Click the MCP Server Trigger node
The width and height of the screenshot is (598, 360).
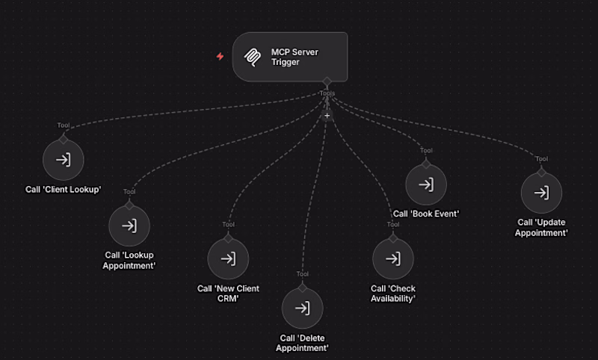(290, 57)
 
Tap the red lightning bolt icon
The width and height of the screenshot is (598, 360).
(220, 56)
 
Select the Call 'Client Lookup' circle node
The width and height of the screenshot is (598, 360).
(64, 160)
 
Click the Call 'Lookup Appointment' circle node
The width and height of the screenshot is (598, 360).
(129, 226)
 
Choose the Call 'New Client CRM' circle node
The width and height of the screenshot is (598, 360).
(228, 259)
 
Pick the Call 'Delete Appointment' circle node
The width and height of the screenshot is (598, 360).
(303, 308)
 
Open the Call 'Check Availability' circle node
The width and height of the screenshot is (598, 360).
(393, 259)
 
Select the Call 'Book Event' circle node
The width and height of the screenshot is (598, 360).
(426, 184)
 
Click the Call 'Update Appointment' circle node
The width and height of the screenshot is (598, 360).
(541, 193)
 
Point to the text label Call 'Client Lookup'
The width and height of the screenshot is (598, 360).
(64, 189)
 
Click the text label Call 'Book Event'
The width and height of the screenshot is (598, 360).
(426, 214)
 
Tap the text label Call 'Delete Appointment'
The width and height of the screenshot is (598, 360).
(303, 343)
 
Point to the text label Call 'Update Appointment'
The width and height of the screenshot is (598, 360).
(541, 228)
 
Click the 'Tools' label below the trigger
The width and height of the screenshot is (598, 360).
(327, 93)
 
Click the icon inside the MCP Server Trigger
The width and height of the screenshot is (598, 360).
(253, 58)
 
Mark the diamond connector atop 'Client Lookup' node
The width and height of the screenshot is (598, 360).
(64, 140)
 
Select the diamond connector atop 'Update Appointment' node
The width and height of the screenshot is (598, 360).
(541, 173)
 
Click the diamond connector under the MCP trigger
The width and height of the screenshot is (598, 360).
(327, 81)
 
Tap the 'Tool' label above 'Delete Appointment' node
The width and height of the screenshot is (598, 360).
(303, 274)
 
